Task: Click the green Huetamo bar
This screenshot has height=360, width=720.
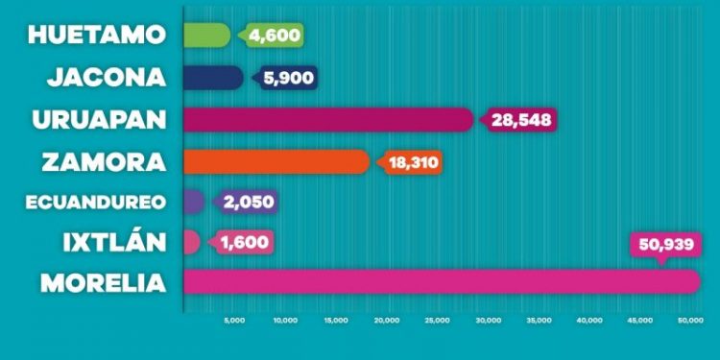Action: [205, 36]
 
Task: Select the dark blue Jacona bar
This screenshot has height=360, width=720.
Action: [212, 78]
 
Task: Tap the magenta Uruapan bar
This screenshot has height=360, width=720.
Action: [326, 120]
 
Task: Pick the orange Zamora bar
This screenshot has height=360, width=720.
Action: [275, 161]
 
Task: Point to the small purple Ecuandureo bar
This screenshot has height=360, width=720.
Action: [193, 202]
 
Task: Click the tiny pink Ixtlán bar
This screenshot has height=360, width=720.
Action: [191, 242]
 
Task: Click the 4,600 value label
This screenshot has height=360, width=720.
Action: [275, 36]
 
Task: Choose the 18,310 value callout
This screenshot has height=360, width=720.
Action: [414, 162]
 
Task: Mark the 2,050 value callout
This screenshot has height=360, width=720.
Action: [249, 202]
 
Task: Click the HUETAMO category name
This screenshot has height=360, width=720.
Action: [97, 36]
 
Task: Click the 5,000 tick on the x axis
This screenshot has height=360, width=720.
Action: [234, 321]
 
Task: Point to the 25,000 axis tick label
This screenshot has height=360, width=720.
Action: [438, 321]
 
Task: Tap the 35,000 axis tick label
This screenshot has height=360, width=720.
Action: [540, 321]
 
